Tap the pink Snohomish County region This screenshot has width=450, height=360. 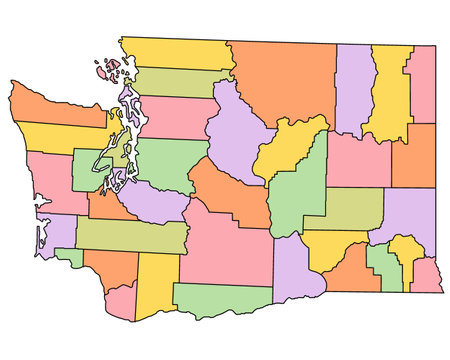click(x=178, y=116)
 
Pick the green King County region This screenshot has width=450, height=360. click(x=170, y=160)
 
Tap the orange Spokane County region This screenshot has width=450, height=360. click(x=413, y=155)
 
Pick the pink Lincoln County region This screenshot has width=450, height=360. click(x=358, y=160)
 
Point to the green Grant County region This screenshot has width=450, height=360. click(x=300, y=190)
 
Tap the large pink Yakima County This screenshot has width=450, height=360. click(x=225, y=245)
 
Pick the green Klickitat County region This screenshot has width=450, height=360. click(x=220, y=299)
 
